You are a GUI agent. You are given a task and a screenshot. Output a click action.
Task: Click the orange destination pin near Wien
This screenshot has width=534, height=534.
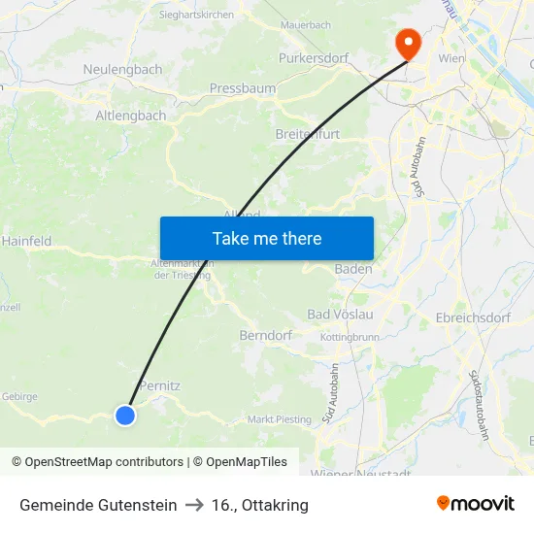click(405, 42)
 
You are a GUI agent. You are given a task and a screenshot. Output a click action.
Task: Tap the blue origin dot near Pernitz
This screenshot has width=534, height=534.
click(125, 415)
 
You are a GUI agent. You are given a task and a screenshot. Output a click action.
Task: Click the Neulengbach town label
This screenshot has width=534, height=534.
click(122, 70)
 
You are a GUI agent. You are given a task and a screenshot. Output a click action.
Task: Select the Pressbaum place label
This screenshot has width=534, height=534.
click(241, 88)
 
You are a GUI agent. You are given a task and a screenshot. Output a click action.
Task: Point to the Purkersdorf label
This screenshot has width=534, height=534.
click(314, 58)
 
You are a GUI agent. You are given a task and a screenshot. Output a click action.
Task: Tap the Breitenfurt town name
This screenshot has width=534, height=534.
click(308, 134)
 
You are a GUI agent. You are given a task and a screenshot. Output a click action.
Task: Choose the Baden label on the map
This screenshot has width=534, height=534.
click(353, 269)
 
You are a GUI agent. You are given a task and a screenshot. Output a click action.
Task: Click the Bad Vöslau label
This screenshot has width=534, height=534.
click(340, 315)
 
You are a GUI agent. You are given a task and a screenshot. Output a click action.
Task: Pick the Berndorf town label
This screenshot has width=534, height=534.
click(266, 335)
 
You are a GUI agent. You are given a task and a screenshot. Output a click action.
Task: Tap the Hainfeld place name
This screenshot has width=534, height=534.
click(27, 240)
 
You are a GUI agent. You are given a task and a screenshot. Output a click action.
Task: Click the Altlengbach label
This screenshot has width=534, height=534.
click(130, 116)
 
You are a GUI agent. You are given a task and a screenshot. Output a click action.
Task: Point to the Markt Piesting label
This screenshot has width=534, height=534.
click(280, 419)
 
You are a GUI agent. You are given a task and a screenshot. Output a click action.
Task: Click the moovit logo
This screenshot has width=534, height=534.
click(476, 504)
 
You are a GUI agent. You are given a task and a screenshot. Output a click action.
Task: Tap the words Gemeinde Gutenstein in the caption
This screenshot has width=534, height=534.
click(98, 505)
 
